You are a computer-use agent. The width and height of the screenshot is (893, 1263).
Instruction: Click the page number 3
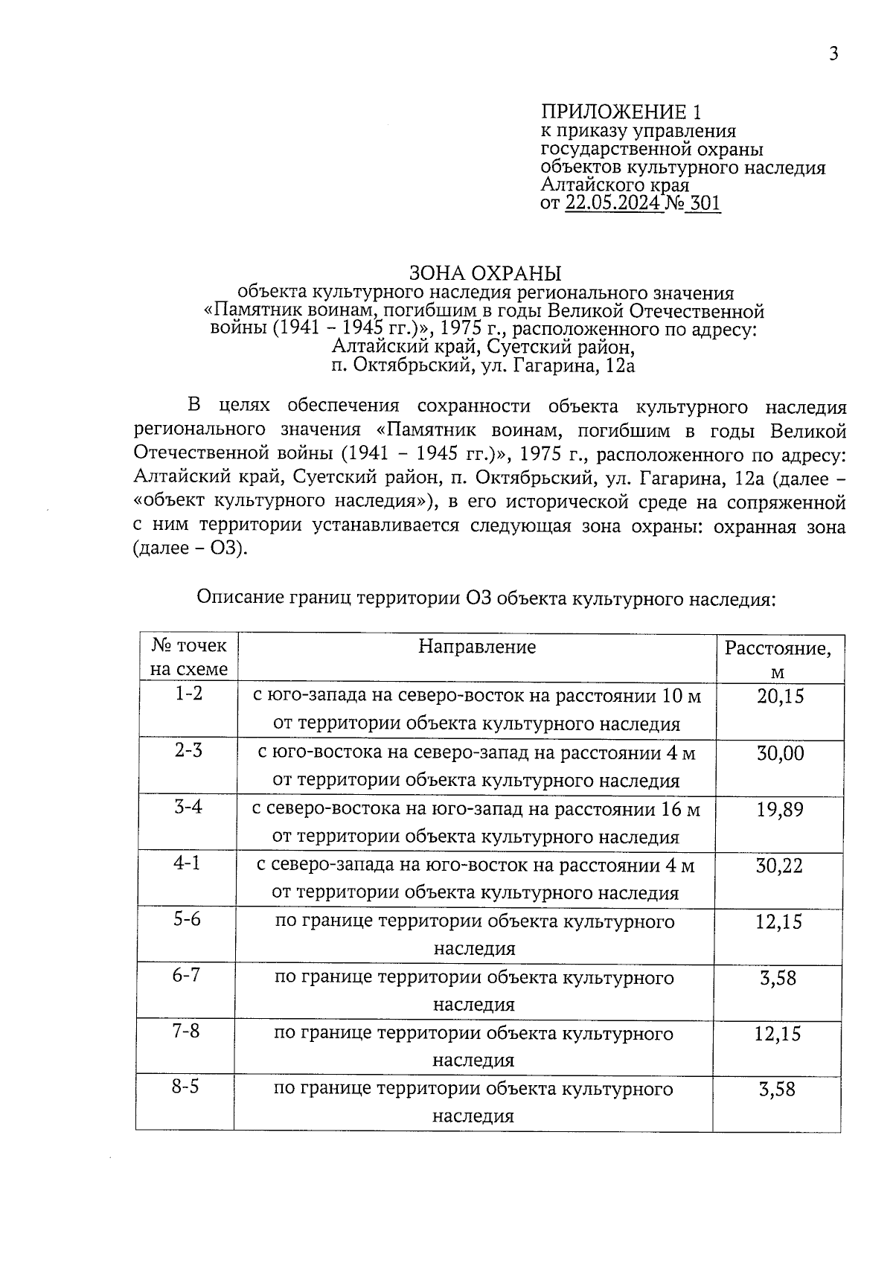click(x=833, y=54)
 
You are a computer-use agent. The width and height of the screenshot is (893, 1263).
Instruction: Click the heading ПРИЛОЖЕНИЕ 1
click(x=621, y=112)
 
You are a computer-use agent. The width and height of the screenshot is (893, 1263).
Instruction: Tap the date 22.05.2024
click(x=612, y=204)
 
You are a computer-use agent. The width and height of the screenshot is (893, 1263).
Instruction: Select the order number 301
click(x=705, y=204)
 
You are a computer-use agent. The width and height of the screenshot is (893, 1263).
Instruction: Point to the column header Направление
click(x=476, y=647)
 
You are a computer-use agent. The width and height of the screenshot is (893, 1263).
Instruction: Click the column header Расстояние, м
click(x=778, y=659)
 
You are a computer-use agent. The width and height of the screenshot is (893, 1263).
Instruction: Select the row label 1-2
click(x=188, y=694)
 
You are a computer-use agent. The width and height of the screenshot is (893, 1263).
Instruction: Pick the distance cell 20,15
click(x=780, y=697)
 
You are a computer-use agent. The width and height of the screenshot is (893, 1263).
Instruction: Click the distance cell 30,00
click(x=780, y=753)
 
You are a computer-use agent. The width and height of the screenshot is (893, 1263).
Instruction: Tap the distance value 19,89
click(x=780, y=810)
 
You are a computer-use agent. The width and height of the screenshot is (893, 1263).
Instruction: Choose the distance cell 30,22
click(x=780, y=866)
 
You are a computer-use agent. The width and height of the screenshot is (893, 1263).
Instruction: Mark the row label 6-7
click(x=186, y=975)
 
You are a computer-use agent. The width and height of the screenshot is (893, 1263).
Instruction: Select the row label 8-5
click(x=185, y=1087)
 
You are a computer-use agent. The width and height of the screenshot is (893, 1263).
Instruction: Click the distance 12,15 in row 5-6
click(x=778, y=922)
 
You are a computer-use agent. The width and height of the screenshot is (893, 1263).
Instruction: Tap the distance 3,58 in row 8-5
click(x=777, y=1090)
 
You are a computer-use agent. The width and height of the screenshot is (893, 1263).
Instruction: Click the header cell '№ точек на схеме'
click(x=188, y=657)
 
